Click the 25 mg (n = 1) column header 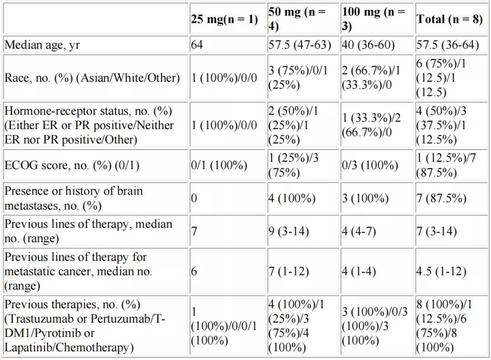[224, 19]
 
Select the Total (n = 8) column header [449, 19]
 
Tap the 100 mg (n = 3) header [373, 19]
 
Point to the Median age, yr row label [42, 45]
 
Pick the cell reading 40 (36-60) [368, 45]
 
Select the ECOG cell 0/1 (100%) [219, 165]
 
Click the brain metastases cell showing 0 [194, 198]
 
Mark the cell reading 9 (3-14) [288, 231]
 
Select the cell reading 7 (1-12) [288, 271]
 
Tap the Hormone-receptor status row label [89, 125]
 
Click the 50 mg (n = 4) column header [297, 19]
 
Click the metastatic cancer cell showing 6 [194, 271]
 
